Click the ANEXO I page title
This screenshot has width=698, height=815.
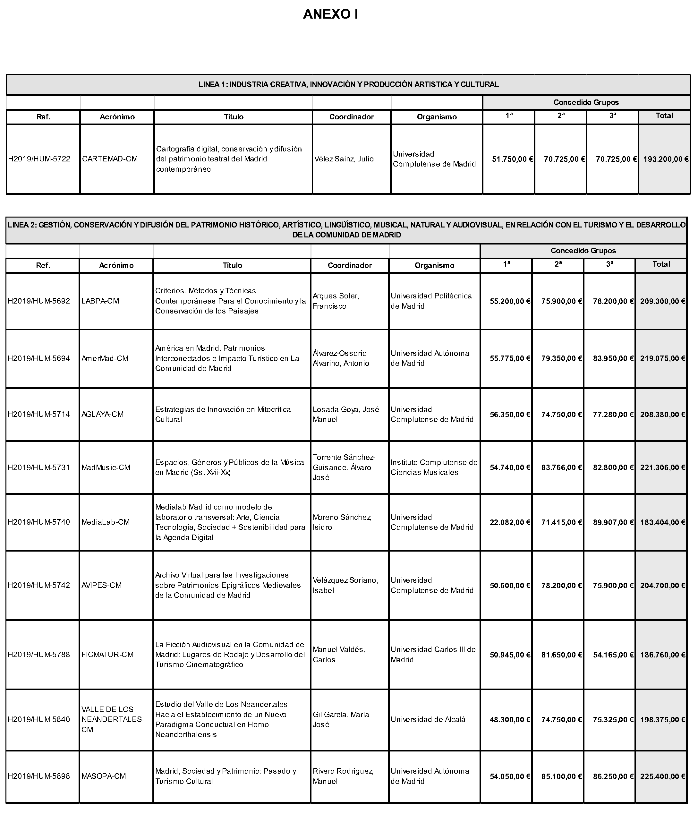pos(330,14)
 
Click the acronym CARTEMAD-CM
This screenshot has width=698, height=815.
pos(110,159)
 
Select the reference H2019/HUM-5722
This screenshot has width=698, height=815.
pos(39,159)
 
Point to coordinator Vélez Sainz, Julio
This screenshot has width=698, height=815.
pos(344,159)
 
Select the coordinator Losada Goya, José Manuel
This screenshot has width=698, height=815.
pos(346,414)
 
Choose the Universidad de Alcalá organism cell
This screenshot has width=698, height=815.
pos(428,719)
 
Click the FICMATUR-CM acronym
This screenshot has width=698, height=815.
pos(107,655)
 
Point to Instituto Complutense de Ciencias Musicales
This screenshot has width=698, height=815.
pos(434,467)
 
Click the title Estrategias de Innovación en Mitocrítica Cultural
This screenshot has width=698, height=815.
pos(223,414)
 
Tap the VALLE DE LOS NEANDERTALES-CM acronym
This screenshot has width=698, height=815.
pos(113,719)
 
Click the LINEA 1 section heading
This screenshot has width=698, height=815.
pos(348,84)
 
